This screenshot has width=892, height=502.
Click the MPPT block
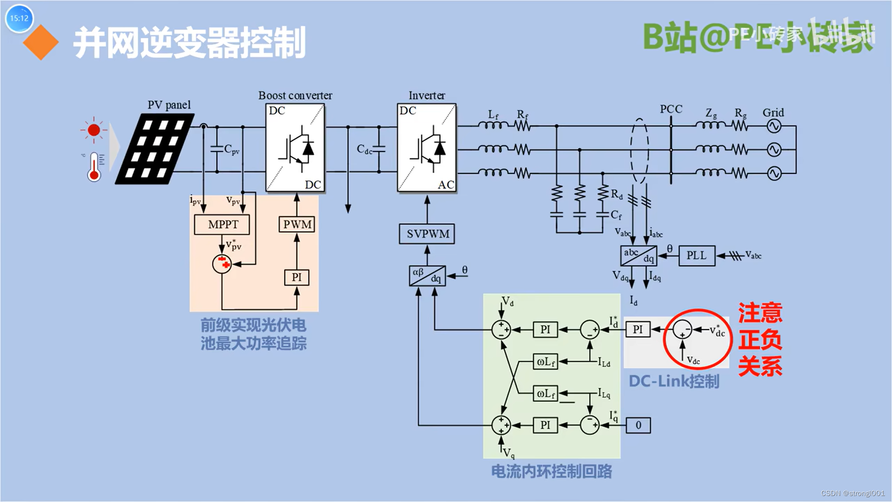pos(222,225)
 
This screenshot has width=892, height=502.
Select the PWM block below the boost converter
pos(297,225)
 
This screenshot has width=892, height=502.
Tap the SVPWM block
pos(427,234)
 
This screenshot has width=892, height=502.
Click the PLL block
pos(696,256)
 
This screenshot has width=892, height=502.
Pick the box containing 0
pos(638,425)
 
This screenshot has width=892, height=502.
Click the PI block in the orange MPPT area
pos(296,277)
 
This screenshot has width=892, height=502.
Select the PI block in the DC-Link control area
pos(637,330)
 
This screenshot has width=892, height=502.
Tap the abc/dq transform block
pos(639,256)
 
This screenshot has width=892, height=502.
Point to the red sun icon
pos(94,130)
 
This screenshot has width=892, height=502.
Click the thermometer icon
pos(95,166)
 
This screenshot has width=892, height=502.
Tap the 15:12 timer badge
pos(19,19)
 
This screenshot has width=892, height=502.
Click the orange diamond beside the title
pos(41,42)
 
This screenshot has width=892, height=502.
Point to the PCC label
pos(671,109)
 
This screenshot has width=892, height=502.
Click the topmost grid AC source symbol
pos(774,126)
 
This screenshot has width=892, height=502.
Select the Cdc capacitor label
pos(364,149)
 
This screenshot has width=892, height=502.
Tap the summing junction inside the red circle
pos(682,330)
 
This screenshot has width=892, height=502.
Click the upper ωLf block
pos(545,362)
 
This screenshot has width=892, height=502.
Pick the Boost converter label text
pos(295,96)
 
